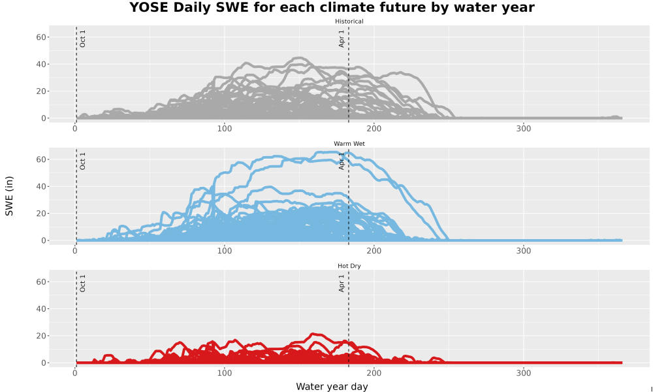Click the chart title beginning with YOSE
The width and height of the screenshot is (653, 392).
pyautogui.click(x=332, y=7)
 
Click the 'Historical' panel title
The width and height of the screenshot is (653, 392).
pyautogui.click(x=349, y=22)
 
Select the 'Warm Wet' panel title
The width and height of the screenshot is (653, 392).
pyautogui.click(x=349, y=144)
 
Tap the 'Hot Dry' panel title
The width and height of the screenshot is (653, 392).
pyautogui.click(x=349, y=266)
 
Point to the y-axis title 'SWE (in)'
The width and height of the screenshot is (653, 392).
pyautogui.click(x=9, y=196)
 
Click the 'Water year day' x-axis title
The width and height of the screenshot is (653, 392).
pyautogui.click(x=332, y=387)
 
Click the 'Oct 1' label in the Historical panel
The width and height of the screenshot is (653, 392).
pyautogui.click(x=82, y=39)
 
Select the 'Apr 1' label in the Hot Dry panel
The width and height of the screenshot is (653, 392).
pyautogui.click(x=342, y=284)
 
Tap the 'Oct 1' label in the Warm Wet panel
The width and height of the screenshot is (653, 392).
pyautogui.click(x=82, y=161)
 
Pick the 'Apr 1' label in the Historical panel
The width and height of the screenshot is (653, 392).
pyautogui.click(x=342, y=39)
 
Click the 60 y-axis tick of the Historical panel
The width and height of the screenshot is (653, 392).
pyautogui.click(x=40, y=37)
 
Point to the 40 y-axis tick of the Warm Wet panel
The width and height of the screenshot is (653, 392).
pyautogui.click(x=40, y=187)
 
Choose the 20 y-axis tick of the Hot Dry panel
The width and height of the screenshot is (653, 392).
pyautogui.click(x=40, y=336)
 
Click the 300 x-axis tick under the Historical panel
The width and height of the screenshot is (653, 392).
pyautogui.click(x=524, y=129)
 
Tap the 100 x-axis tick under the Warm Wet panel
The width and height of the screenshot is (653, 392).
pyautogui.click(x=225, y=251)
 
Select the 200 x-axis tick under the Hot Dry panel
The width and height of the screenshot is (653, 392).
pyautogui.click(x=374, y=373)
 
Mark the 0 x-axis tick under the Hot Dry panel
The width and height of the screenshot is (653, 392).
pyautogui.click(x=75, y=373)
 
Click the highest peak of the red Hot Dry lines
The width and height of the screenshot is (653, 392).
pyautogui.click(x=315, y=334)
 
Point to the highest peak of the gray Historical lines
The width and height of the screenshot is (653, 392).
pyautogui.click(x=299, y=58)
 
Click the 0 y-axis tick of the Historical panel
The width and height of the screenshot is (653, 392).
pyautogui.click(x=43, y=118)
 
